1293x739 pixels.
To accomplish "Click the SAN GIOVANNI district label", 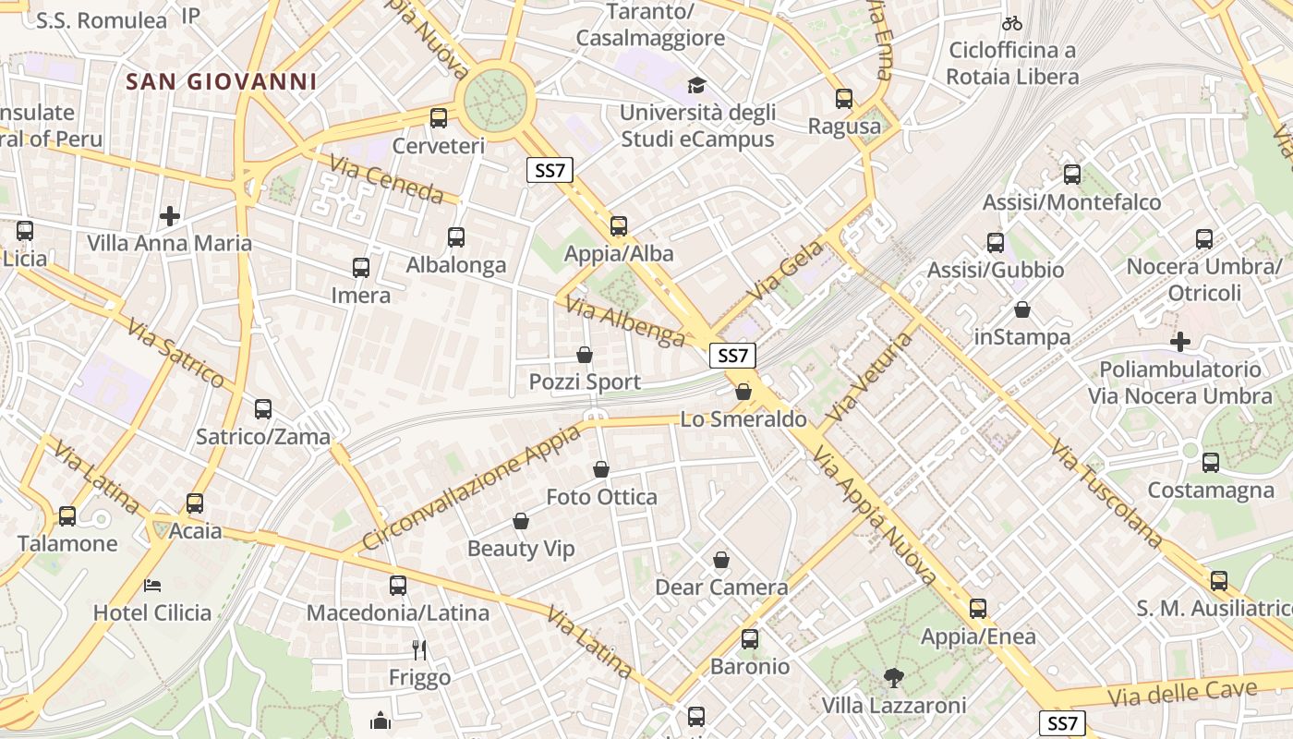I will [222, 81].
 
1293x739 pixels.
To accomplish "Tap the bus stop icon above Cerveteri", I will [439, 118].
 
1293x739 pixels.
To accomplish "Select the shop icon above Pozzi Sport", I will [585, 355].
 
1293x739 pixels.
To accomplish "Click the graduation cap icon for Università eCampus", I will [696, 86].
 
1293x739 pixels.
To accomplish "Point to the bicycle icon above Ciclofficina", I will [1012, 23].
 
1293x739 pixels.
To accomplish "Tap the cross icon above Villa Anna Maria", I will [170, 216].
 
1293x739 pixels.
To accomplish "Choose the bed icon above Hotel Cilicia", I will [152, 585].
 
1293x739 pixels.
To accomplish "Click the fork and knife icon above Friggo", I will [419, 650].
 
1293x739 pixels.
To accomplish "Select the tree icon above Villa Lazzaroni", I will [893, 678].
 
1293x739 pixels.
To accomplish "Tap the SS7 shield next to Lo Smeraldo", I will [733, 356].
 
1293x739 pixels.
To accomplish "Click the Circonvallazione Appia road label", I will [472, 486].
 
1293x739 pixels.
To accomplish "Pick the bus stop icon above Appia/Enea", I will [978, 609].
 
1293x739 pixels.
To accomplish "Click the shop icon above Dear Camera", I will [721, 560].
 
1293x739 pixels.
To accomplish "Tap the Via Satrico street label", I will [175, 354].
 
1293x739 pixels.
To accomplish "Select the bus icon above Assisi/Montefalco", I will [1072, 174].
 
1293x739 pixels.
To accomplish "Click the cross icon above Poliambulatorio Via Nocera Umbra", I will [1180, 342].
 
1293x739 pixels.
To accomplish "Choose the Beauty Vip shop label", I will [521, 549].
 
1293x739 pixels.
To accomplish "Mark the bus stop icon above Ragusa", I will [844, 99].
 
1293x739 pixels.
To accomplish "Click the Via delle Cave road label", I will [1185, 693].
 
